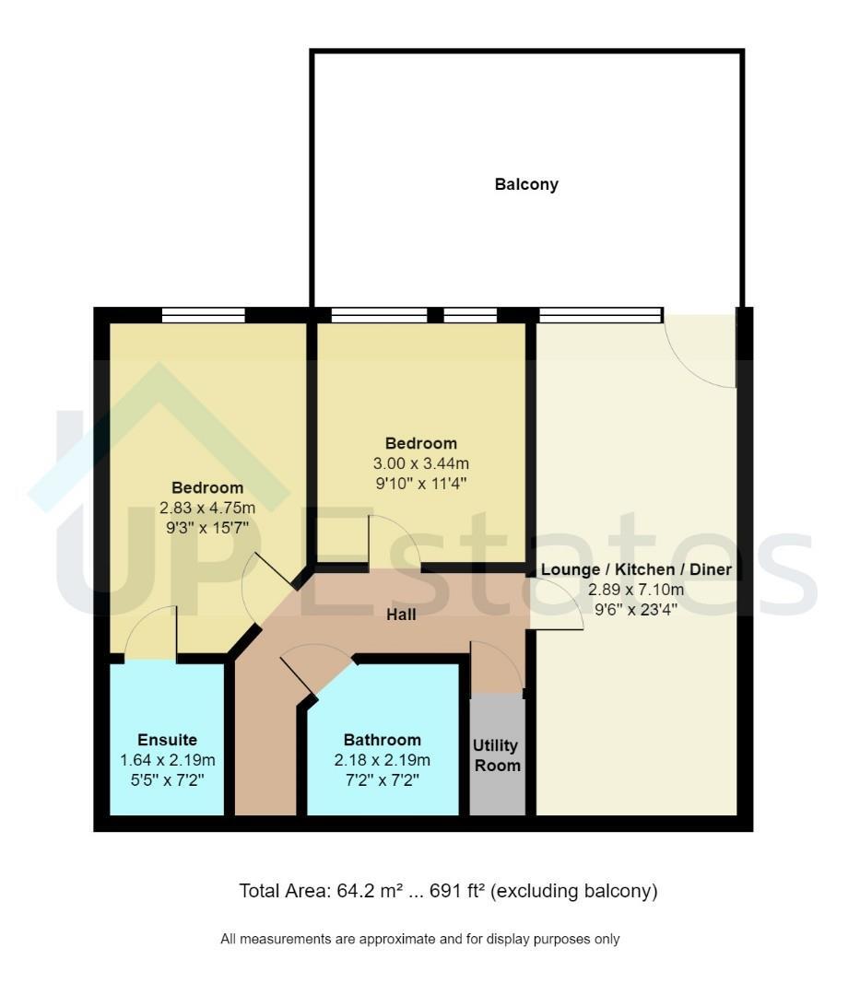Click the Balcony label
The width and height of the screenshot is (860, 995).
[526, 184]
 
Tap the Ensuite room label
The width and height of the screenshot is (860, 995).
[167, 740]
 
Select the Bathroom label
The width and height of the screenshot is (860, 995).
[383, 740]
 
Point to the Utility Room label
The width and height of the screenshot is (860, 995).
[496, 755]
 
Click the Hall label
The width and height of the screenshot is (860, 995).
[401, 615]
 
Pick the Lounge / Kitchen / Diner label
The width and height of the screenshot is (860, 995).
[636, 569]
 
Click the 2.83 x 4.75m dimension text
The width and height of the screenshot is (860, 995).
[206, 508]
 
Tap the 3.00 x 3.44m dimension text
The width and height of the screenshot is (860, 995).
[421, 463]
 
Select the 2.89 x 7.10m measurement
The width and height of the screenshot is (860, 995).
[636, 590]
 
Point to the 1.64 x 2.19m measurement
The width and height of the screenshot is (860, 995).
[168, 760]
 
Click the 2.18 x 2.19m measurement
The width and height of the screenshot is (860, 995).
[383, 760]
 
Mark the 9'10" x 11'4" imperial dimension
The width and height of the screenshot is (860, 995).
[421, 484]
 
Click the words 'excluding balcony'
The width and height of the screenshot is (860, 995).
[573, 892]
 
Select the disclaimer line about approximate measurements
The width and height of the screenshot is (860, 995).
[420, 939]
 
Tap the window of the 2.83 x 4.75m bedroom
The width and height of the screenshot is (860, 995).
[203, 315]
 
